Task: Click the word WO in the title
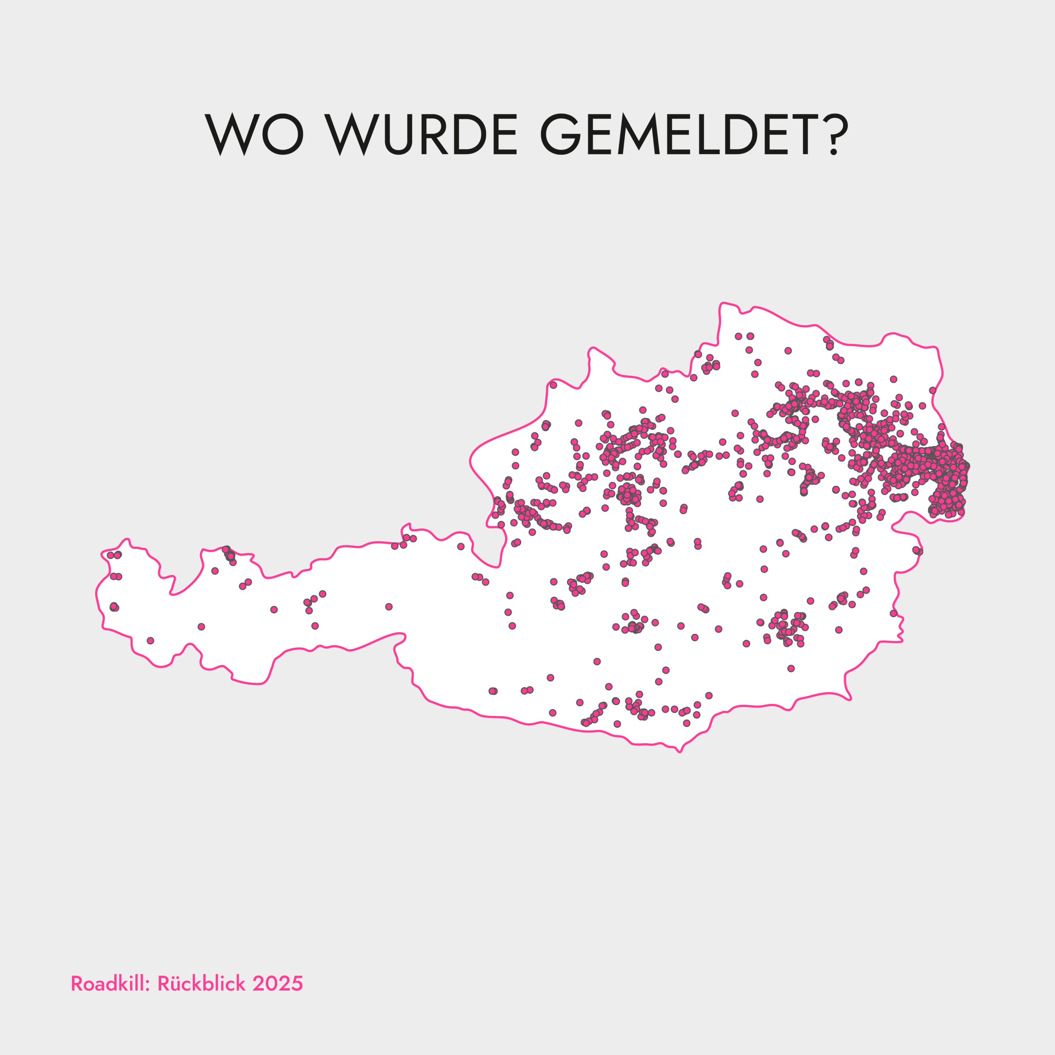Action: click(x=253, y=134)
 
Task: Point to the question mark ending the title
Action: click(x=834, y=134)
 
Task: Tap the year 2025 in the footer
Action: click(x=277, y=983)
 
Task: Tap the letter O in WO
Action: click(x=282, y=134)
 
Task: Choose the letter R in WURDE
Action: click(x=434, y=134)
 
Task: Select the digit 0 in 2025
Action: click(x=272, y=983)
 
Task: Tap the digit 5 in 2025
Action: click(x=297, y=983)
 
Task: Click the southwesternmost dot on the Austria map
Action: click(x=151, y=640)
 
